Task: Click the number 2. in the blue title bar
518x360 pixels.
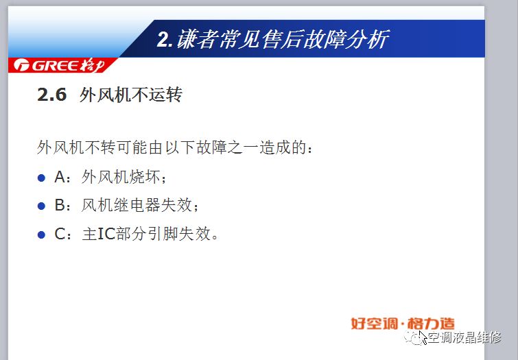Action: (165, 39)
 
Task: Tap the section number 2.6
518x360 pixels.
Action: (52, 95)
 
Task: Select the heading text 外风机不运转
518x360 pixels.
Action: (131, 95)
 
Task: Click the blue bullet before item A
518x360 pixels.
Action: (41, 178)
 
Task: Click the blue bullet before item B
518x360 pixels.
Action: (41, 206)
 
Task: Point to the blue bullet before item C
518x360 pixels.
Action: (41, 235)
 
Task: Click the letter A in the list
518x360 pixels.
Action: (60, 177)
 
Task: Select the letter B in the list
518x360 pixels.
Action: (60, 205)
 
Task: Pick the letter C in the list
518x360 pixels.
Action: (60, 234)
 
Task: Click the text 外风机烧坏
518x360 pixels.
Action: (121, 177)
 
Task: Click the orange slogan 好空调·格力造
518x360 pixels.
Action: (403, 324)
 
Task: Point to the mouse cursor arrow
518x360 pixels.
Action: (423, 337)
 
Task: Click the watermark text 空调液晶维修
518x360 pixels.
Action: (464, 337)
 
